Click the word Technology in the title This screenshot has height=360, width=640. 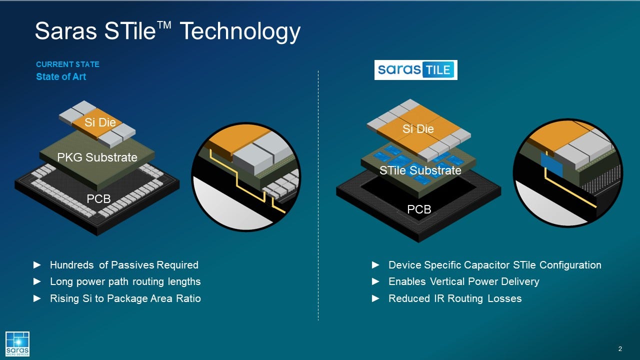tap(240, 32)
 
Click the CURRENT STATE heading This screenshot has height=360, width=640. tap(67, 64)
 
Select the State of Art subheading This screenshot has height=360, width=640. tap(61, 77)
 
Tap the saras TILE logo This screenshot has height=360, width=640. tap(415, 70)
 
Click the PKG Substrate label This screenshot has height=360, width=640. tap(97, 157)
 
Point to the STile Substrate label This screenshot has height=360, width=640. tap(420, 170)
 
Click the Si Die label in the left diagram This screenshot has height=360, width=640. tap(100, 122)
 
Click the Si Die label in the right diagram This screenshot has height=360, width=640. tap(418, 129)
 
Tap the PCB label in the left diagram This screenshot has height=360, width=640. tap(98, 199)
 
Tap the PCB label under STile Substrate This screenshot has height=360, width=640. tap(419, 209)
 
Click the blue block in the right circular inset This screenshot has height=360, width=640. tap(551, 164)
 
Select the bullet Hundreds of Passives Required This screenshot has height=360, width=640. tap(124, 265)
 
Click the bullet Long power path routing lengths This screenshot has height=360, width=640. tap(125, 281)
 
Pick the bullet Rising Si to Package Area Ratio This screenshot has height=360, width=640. tap(125, 298)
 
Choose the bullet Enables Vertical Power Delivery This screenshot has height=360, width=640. tap(463, 281)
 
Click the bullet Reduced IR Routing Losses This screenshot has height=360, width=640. tap(454, 298)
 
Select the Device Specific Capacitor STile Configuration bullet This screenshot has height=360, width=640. tap(494, 265)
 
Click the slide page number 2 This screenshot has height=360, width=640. tap(620, 348)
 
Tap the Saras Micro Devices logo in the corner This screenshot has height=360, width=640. tap(17, 343)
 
